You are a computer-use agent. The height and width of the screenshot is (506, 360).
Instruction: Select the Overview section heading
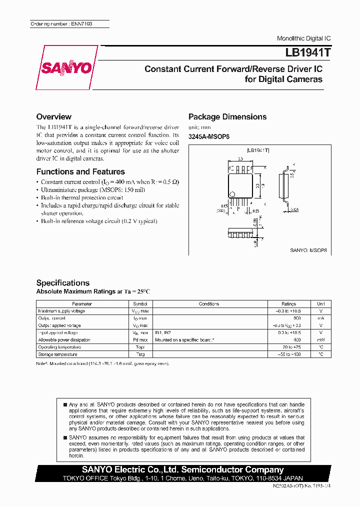click(x=54, y=116)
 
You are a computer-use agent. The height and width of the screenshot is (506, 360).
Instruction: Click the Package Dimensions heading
click(x=227, y=116)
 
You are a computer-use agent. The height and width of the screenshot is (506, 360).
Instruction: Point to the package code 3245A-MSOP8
click(x=208, y=136)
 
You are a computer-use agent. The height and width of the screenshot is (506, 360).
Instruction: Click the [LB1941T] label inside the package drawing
click(x=258, y=150)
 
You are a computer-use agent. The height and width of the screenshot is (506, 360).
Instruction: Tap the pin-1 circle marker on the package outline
click(x=232, y=194)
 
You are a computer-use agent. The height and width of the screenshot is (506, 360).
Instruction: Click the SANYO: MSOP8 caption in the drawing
click(x=308, y=249)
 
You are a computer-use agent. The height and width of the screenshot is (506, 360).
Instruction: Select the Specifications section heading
click(x=63, y=282)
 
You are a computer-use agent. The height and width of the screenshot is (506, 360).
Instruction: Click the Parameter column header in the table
click(x=82, y=303)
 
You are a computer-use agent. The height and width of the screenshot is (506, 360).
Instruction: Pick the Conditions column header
click(x=209, y=303)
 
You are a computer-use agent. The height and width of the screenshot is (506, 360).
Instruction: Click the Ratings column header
click(x=288, y=303)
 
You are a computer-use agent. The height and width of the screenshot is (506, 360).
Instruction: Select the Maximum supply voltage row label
click(x=61, y=311)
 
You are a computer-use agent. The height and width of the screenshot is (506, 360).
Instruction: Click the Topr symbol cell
click(x=140, y=347)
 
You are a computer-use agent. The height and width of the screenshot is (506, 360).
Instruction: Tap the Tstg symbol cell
click(x=140, y=354)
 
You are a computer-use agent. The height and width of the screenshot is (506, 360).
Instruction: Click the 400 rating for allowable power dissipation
click(x=297, y=339)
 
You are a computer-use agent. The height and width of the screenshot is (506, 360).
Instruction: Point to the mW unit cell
click(x=320, y=339)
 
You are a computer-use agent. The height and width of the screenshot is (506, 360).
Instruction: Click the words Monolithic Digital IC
click(x=303, y=38)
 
